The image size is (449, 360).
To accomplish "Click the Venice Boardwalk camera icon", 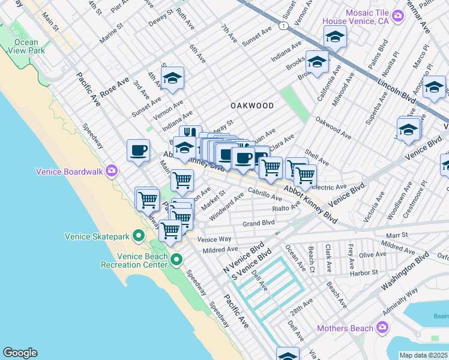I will (111, 172).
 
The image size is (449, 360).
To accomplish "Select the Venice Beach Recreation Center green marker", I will (176, 260).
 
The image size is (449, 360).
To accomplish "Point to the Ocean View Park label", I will (26, 47).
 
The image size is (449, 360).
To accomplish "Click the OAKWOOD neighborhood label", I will (252, 106).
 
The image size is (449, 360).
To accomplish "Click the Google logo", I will (20, 353).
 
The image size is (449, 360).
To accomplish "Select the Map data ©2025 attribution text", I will (424, 355).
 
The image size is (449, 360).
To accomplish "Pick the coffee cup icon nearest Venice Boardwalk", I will (138, 150).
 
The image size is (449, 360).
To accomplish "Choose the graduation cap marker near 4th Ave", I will (172, 78).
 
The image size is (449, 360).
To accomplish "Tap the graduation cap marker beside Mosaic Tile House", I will (335, 36).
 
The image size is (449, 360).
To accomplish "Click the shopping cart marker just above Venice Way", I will (170, 230).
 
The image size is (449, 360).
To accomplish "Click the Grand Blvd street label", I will (258, 223).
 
